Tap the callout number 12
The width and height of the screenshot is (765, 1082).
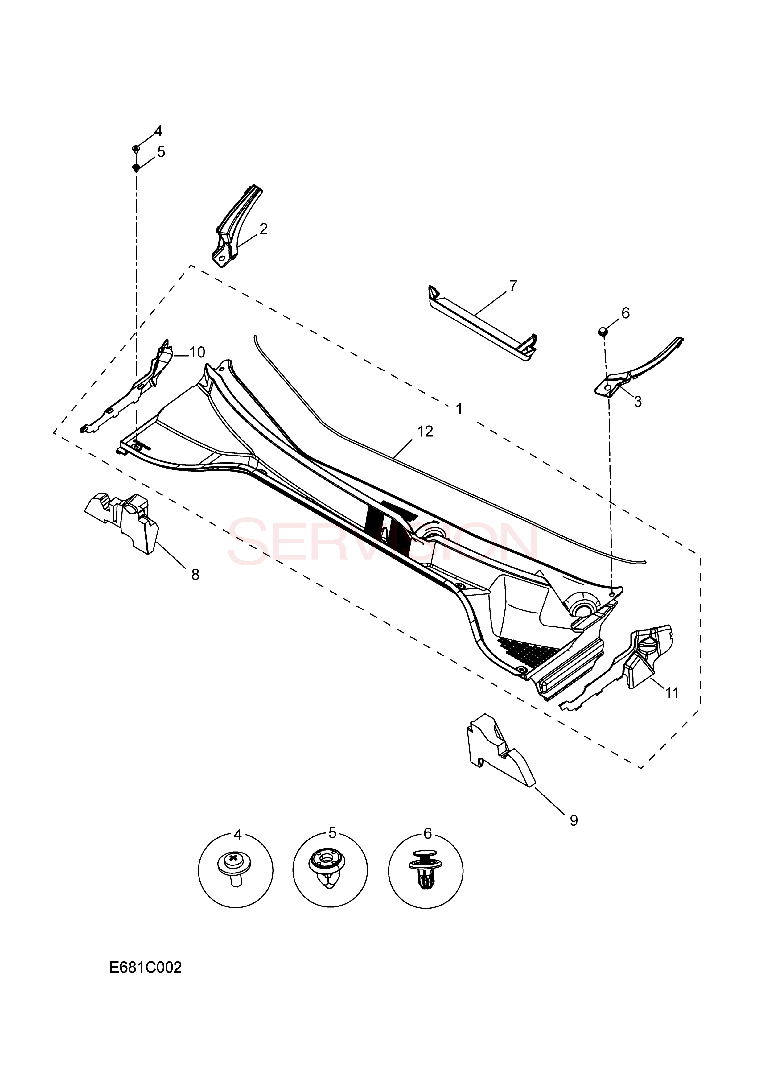[425, 431]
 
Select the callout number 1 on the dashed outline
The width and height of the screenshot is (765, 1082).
[459, 409]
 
